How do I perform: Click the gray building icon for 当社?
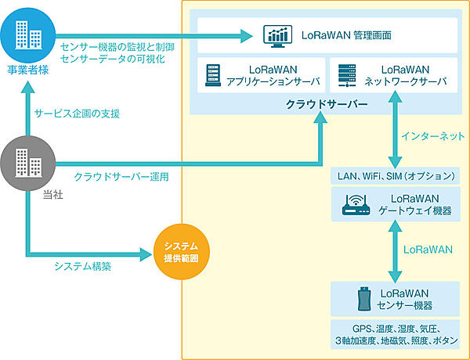pos(27,162)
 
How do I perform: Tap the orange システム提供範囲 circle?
pos(180,253)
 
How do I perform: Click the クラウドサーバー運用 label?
pos(121,177)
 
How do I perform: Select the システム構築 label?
pos(82,266)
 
